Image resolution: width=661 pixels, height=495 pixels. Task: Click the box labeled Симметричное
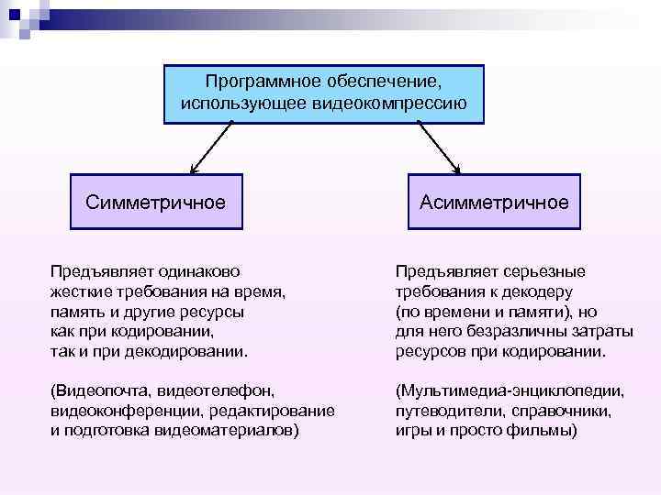coord(156,202)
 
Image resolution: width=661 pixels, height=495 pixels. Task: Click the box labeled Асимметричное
coord(494,202)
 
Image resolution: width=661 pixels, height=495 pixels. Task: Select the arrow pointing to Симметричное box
coord(213,148)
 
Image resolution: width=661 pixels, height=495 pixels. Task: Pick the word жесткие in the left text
coord(78,291)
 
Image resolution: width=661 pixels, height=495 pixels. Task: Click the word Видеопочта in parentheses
coord(98,390)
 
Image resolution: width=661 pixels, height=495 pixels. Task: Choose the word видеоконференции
coord(117,411)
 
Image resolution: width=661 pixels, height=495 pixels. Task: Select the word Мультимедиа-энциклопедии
coord(510,390)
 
